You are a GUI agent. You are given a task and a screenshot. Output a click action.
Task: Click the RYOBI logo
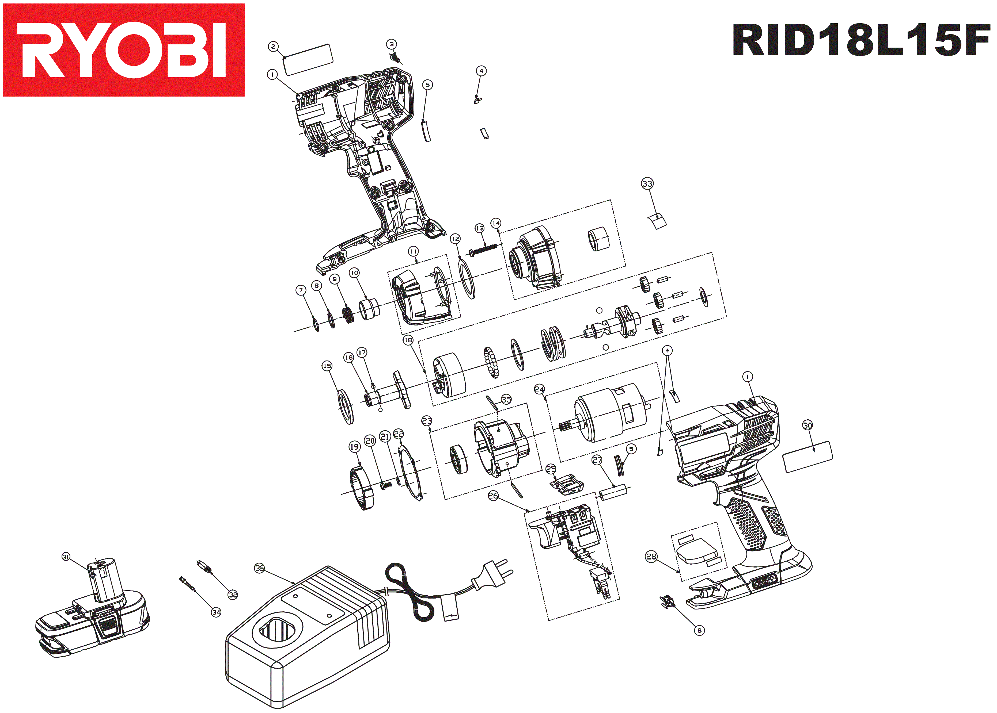(123, 50)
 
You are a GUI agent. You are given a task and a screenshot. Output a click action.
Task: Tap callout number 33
(647, 183)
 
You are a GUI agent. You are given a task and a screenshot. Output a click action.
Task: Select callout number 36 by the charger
(260, 568)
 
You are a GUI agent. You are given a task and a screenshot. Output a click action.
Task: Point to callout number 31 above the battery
(66, 557)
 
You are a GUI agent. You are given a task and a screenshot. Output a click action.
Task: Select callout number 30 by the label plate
(808, 425)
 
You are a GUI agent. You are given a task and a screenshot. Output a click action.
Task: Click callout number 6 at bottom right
(699, 630)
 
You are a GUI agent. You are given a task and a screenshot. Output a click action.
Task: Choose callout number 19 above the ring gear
(354, 447)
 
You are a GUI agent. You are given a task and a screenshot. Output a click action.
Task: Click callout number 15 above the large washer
(327, 366)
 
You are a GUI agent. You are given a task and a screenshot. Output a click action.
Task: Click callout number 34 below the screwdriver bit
(216, 612)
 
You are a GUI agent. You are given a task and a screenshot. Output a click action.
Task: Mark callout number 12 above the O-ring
(455, 238)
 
